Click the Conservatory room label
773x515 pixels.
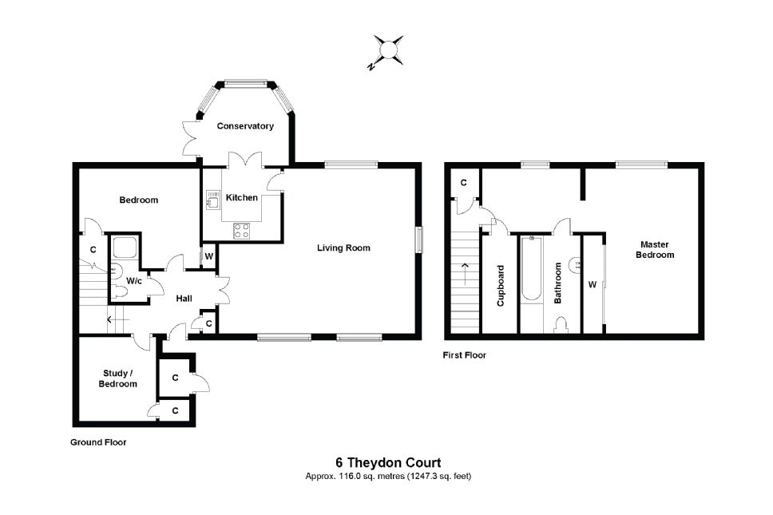tap(245, 126)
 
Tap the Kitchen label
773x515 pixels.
tap(242, 197)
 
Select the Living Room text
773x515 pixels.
tap(343, 248)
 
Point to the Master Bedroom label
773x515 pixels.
tap(655, 250)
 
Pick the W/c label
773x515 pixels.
tap(134, 280)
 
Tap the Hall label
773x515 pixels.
tap(184, 299)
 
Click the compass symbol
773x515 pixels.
tap(389, 50)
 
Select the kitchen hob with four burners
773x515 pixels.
tap(242, 231)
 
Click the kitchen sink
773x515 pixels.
tap(212, 200)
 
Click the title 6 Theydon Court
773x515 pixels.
tap(387, 462)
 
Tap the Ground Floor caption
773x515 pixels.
tap(98, 442)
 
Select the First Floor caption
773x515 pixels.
tap(465, 355)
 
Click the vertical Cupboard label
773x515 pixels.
tap(501, 285)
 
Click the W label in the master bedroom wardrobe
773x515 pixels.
tap(593, 283)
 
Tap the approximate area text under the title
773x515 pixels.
tap(387, 477)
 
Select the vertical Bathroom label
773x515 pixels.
tap(558, 283)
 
